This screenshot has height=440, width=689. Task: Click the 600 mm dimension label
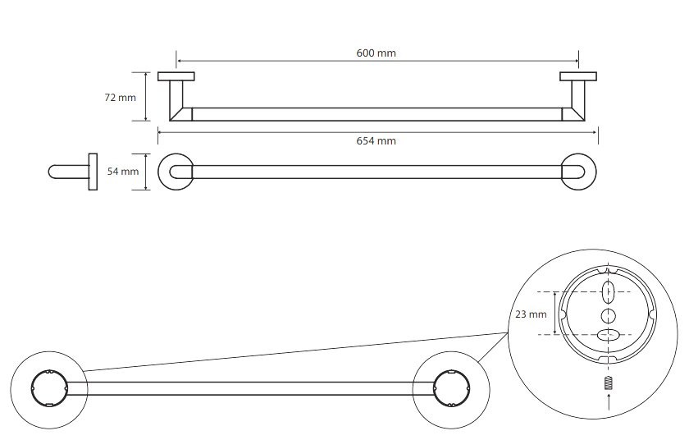pyautogui.click(x=376, y=53)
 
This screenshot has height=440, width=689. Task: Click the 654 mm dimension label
pyautogui.click(x=376, y=141)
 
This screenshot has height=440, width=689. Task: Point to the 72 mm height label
pyautogui.click(x=121, y=98)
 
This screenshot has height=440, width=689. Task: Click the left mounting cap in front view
pyautogui.click(x=177, y=77)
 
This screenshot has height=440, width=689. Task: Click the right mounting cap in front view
pyautogui.click(x=577, y=77)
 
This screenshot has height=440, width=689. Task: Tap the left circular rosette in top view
pyautogui.click(x=174, y=172)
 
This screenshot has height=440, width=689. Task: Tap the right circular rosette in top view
pyautogui.click(x=579, y=172)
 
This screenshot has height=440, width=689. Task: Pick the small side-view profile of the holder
pyautogui.click(x=73, y=172)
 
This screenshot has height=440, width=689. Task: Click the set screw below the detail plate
pyautogui.click(x=608, y=383)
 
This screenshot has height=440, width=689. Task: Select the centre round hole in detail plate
pyautogui.click(x=608, y=314)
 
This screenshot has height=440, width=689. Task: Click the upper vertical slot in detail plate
pyautogui.click(x=608, y=291)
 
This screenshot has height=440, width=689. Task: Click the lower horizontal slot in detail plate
pyautogui.click(x=608, y=334)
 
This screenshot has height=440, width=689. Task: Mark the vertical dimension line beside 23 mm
pyautogui.click(x=556, y=313)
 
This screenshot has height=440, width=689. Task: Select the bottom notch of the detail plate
pyautogui.click(x=608, y=360)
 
